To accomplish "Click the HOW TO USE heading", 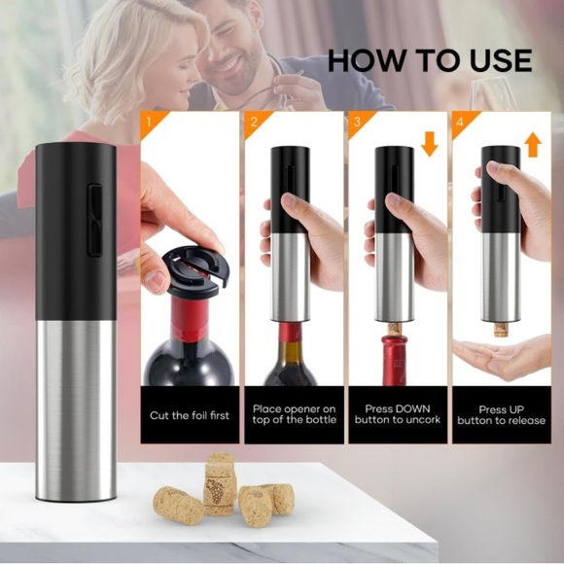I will tap(429, 60).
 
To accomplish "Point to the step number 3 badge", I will tap(357, 123).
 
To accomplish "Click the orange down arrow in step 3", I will tap(430, 144).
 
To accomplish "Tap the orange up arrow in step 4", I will tap(532, 145).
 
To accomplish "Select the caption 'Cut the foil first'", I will tap(190, 415).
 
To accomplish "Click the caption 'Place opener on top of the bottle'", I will tap(294, 415).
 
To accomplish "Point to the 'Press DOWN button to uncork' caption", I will tap(397, 415).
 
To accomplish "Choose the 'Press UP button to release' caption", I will tap(500, 415).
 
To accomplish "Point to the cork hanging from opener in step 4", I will tap(500, 329).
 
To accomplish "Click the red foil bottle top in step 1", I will tap(191, 316).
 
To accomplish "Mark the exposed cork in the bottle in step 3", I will tap(395, 329).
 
